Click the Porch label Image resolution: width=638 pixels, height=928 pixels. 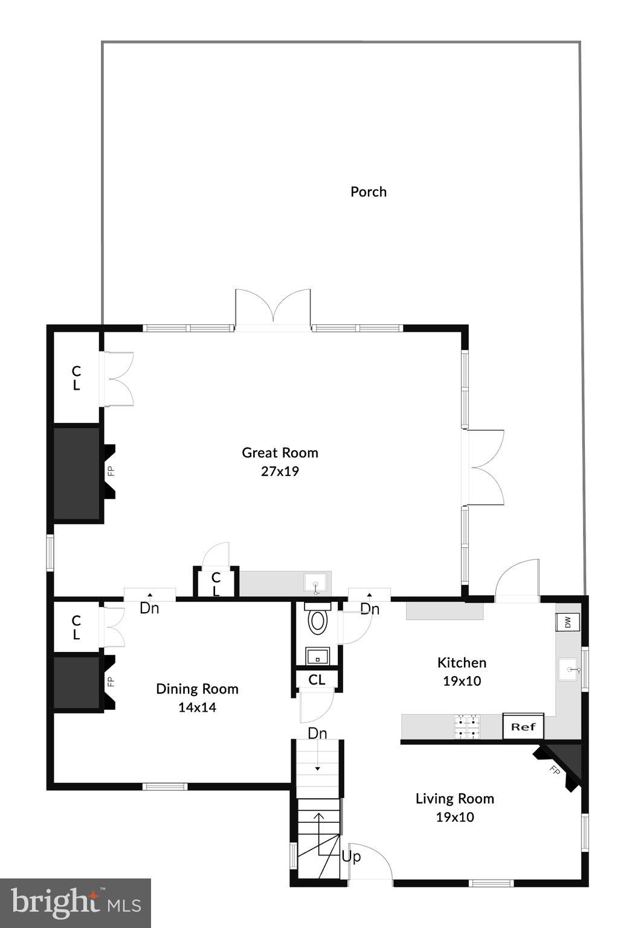click(x=368, y=192)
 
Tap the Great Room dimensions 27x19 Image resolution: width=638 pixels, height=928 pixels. click(x=280, y=471)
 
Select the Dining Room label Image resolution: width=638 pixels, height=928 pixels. click(x=197, y=689)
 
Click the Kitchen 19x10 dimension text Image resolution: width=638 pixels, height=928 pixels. click(x=462, y=681)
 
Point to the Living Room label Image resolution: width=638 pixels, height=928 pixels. click(x=454, y=799)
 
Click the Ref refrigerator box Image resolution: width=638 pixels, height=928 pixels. click(x=523, y=727)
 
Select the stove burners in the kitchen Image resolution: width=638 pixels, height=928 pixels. click(x=468, y=727)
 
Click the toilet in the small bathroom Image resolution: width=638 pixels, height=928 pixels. click(x=318, y=621)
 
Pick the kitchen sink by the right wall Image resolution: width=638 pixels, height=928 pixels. click(x=569, y=669)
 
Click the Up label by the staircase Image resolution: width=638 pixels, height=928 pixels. click(x=351, y=856)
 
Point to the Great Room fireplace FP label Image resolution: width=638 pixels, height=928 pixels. click(x=111, y=471)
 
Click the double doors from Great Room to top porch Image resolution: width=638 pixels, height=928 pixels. click(x=273, y=309)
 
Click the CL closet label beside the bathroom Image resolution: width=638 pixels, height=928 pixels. click(x=317, y=680)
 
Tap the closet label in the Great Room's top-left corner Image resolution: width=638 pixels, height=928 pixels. click(x=76, y=378)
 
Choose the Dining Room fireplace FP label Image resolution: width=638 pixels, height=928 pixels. click(x=111, y=681)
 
